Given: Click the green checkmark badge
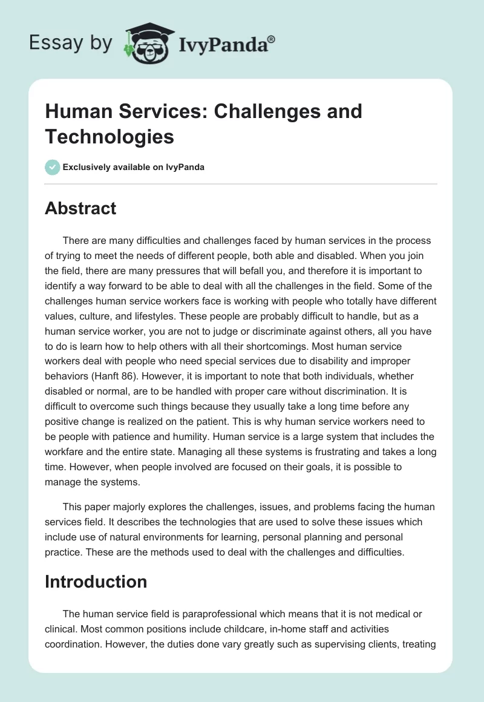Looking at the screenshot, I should pos(53,167).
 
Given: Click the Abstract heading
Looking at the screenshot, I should pos(80,208).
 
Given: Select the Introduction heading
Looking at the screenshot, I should pos(96,582).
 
